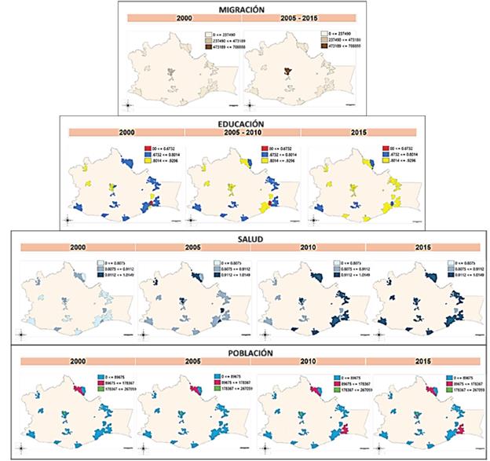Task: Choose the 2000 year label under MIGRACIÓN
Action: pos(184,18)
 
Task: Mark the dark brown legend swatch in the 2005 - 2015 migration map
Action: pos(325,46)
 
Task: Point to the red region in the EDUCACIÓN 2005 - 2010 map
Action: pos(269,203)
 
